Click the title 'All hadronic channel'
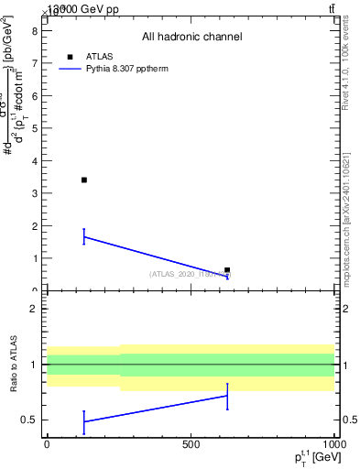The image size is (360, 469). point(191,37)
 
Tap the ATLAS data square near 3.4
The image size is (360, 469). point(83,180)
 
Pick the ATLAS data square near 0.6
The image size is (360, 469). point(227,270)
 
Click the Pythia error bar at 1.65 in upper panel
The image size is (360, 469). point(83,236)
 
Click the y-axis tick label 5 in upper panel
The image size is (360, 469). point(34,127)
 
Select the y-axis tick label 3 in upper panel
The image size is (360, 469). point(34,193)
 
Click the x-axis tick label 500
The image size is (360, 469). point(191,444)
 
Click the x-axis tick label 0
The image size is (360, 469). point(47,444)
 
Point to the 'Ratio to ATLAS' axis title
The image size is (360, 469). point(14,365)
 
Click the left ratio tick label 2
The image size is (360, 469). point(34,309)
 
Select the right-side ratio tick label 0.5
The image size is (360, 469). point(348,420)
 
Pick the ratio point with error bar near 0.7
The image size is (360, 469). point(227,396)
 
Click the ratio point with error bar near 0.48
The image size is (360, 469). point(83,421)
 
